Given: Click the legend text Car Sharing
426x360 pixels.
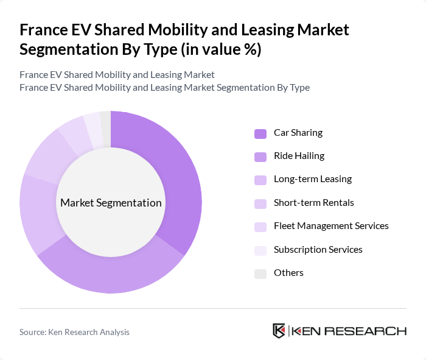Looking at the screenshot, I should pos(298,133).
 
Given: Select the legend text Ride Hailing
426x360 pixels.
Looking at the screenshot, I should pos(299,156).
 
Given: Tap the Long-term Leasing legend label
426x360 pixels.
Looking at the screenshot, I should pos(312,179).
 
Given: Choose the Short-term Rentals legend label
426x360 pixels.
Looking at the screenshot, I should pos(313,203).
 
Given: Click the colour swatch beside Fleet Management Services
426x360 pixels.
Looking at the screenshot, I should pos(260,227).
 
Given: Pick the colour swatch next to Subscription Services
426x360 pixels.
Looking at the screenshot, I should pos(260,250).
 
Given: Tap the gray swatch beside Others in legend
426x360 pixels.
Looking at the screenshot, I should pos(260,273).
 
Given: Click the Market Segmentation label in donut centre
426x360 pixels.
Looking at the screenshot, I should pos(111,203).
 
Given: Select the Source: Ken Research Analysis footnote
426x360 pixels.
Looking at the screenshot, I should pos(74,332).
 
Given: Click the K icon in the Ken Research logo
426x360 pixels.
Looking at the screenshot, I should pos(279,331).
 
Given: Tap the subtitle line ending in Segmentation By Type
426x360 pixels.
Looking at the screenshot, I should pos(164,87).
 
